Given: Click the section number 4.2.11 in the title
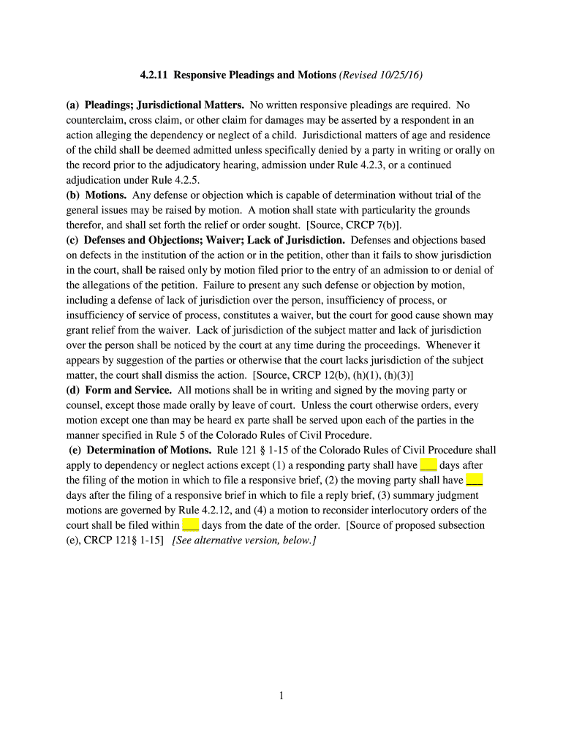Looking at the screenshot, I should coord(154,75).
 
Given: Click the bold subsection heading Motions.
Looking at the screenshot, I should coord(106,195).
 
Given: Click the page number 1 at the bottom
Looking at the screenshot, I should coord(281,696).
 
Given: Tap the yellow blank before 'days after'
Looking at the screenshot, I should coord(428,465).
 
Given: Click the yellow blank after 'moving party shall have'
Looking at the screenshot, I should coord(474,480).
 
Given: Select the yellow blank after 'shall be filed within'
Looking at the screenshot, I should coord(190,525).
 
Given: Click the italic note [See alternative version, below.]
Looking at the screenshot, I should coord(243,540).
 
